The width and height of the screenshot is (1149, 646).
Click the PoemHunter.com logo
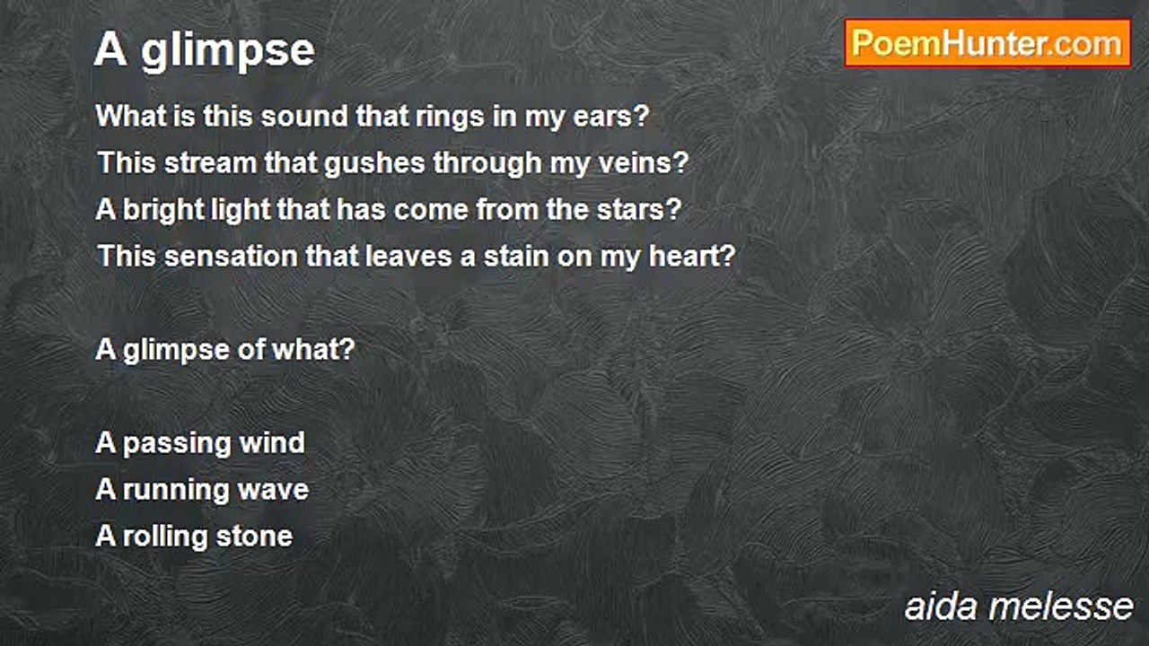987,44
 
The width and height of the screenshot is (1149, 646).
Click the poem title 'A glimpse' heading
205,50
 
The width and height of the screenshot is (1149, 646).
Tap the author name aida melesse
1019,607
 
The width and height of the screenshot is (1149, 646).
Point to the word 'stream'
210,163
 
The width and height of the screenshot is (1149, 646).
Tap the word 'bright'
163,210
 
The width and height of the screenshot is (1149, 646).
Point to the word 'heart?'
692,257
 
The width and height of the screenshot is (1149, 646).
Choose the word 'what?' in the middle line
313,350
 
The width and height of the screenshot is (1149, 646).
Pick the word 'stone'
254,537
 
